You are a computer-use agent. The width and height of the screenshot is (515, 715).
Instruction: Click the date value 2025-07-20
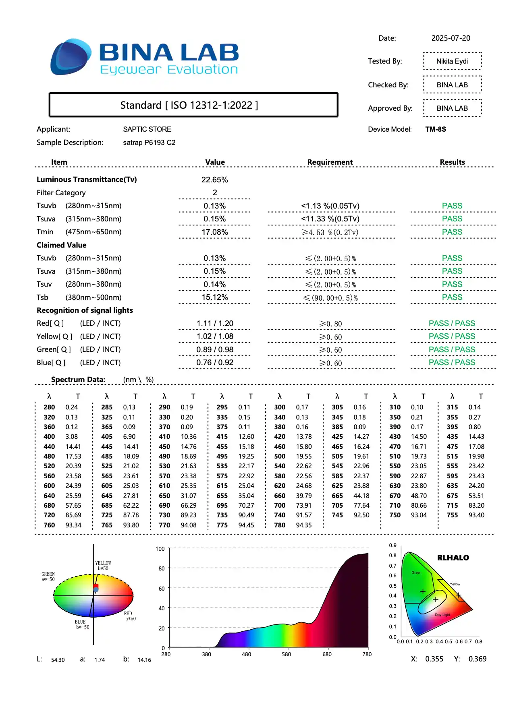pyautogui.click(x=451, y=38)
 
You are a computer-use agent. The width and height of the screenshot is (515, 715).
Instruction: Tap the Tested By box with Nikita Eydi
pyautogui.click(x=452, y=61)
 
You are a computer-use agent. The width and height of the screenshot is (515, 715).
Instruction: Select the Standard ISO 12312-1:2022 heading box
pyautogui.click(x=193, y=105)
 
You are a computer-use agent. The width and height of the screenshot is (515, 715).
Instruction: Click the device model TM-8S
pyautogui.click(x=436, y=129)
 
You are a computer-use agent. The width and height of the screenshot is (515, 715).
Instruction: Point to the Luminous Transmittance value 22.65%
pyautogui.click(x=214, y=180)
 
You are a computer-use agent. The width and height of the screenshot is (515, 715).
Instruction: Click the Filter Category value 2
pyautogui.click(x=215, y=193)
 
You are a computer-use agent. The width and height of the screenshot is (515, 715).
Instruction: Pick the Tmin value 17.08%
pyautogui.click(x=214, y=232)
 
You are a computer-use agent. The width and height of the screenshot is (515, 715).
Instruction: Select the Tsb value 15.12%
pyautogui.click(x=214, y=298)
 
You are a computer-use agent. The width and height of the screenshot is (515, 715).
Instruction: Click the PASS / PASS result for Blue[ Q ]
pyautogui.click(x=452, y=363)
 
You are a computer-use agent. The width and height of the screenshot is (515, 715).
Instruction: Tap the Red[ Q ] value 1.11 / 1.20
pyautogui.click(x=215, y=324)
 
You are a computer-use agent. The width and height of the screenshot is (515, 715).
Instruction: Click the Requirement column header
pyautogui.click(x=330, y=162)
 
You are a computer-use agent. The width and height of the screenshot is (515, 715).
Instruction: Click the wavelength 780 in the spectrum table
pyautogui.click(x=280, y=525)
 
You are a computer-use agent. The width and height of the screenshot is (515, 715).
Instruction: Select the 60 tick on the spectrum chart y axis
pyautogui.click(x=162, y=589)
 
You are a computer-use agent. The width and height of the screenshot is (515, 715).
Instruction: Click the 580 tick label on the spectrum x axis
pyautogui.click(x=286, y=654)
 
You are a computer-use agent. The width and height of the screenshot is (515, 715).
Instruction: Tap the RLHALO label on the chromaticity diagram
pyautogui.click(x=453, y=558)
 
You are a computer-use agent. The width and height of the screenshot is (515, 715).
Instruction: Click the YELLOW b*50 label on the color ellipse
pyautogui.click(x=103, y=566)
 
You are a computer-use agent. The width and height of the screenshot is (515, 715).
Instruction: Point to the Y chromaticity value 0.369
pyautogui.click(x=477, y=659)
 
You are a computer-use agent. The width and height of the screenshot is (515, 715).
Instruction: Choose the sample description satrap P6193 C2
pyautogui.click(x=149, y=143)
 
